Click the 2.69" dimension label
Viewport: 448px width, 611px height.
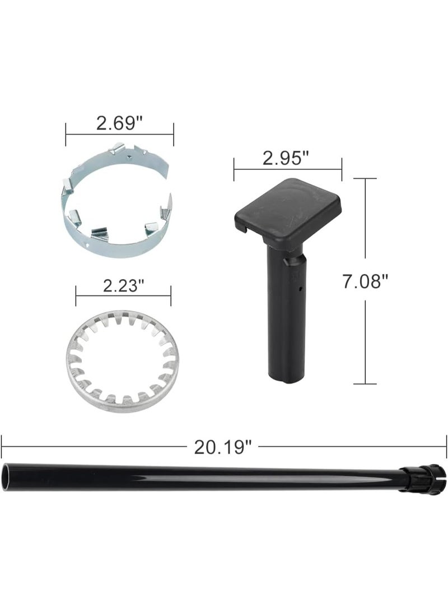tap(119, 123)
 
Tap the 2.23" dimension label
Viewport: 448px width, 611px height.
tap(123, 286)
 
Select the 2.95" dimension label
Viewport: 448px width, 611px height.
tap(285, 158)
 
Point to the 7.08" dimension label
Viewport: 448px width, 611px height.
tap(365, 281)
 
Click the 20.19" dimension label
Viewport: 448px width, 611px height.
tap(223, 447)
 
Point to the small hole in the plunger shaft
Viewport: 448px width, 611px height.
tap(300, 289)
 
